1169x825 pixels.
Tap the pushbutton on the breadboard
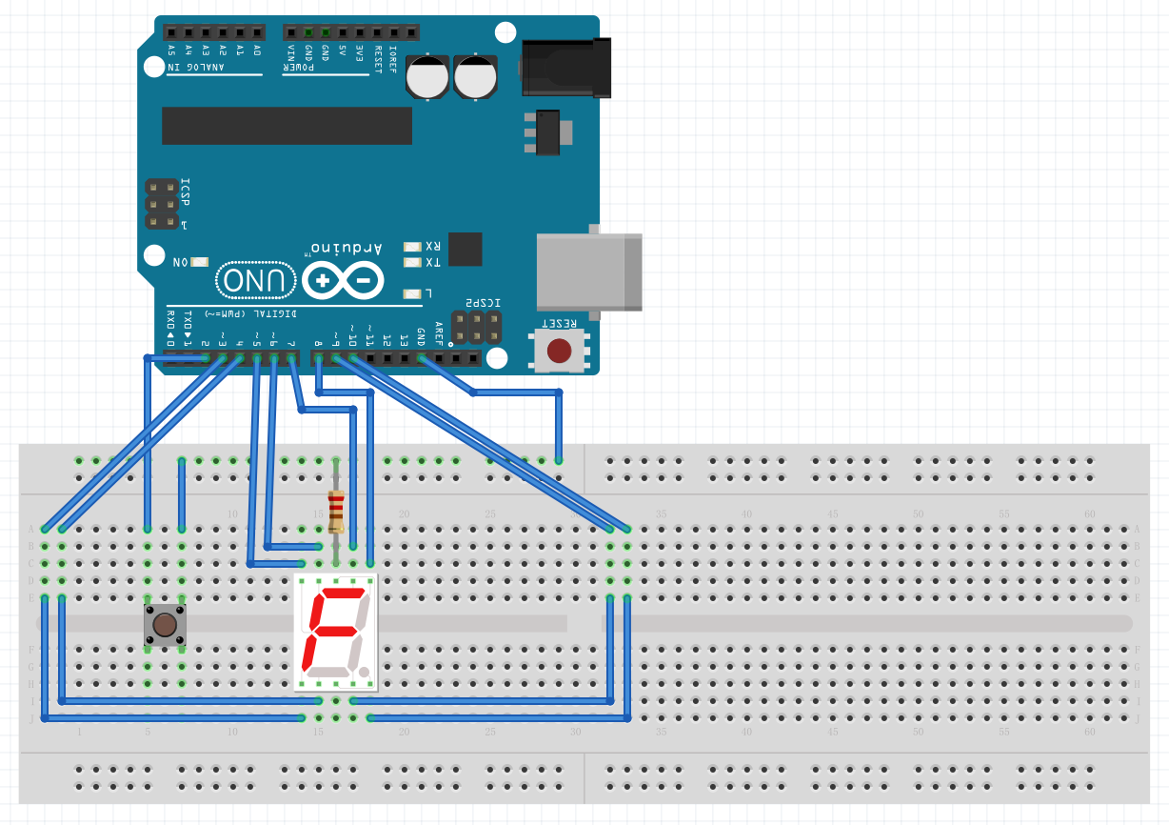click(x=165, y=625)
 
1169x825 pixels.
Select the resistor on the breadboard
click(x=335, y=511)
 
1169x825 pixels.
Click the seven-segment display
click(x=336, y=632)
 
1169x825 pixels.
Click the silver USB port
click(x=588, y=272)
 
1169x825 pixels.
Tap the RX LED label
click(x=432, y=246)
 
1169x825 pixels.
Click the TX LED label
click(x=432, y=262)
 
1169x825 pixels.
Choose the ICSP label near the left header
click(x=185, y=191)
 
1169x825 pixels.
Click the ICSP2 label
click(x=483, y=303)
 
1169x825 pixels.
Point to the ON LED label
click(x=180, y=262)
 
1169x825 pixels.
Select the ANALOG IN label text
click(x=196, y=68)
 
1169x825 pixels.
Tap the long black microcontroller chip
click(x=287, y=126)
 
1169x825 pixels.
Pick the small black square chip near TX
click(x=465, y=249)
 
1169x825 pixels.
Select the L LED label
click(x=428, y=293)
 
